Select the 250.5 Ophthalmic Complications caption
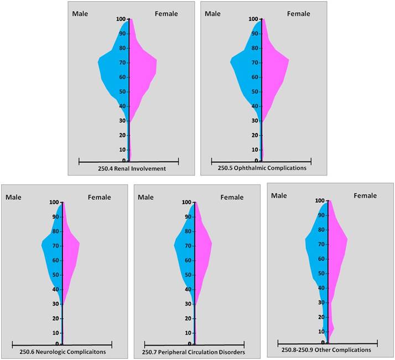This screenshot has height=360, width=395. point(262,168)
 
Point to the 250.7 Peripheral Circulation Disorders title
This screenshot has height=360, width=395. point(194,352)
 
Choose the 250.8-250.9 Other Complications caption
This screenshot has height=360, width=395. point(326,350)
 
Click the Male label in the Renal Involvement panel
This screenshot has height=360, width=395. point(81,13)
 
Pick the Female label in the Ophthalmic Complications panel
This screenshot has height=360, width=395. point(299,13)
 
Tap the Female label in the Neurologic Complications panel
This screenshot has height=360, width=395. point(100,197)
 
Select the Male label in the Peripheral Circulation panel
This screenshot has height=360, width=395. point(146,197)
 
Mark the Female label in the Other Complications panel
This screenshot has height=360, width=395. point(365,196)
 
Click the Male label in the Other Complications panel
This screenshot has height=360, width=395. point(279,196)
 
